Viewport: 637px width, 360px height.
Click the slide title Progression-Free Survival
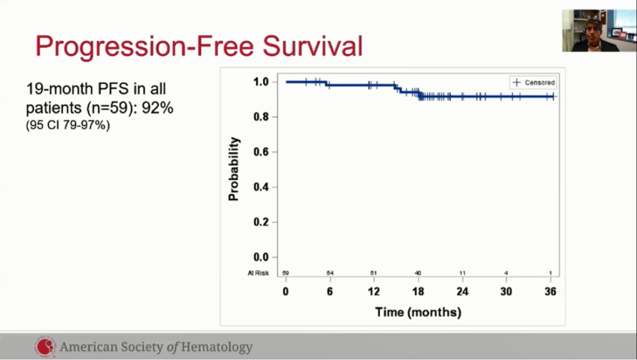click(199, 46)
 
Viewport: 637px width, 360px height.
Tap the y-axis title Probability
click(234, 169)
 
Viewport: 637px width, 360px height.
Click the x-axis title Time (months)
click(418, 312)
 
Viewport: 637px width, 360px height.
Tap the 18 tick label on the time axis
click(418, 292)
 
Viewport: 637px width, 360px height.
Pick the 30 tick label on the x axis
click(506, 292)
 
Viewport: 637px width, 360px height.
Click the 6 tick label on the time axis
click(330, 292)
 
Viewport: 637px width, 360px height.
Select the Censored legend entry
click(533, 83)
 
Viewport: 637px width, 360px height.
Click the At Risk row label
click(258, 273)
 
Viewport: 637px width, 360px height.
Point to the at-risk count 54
click(330, 273)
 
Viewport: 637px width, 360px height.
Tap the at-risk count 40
click(418, 273)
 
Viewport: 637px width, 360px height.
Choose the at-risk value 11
click(462, 273)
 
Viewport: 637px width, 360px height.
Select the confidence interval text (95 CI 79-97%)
click(68, 125)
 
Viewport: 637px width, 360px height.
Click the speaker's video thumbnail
click(590, 30)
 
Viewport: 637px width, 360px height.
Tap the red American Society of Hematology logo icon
click(45, 347)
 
